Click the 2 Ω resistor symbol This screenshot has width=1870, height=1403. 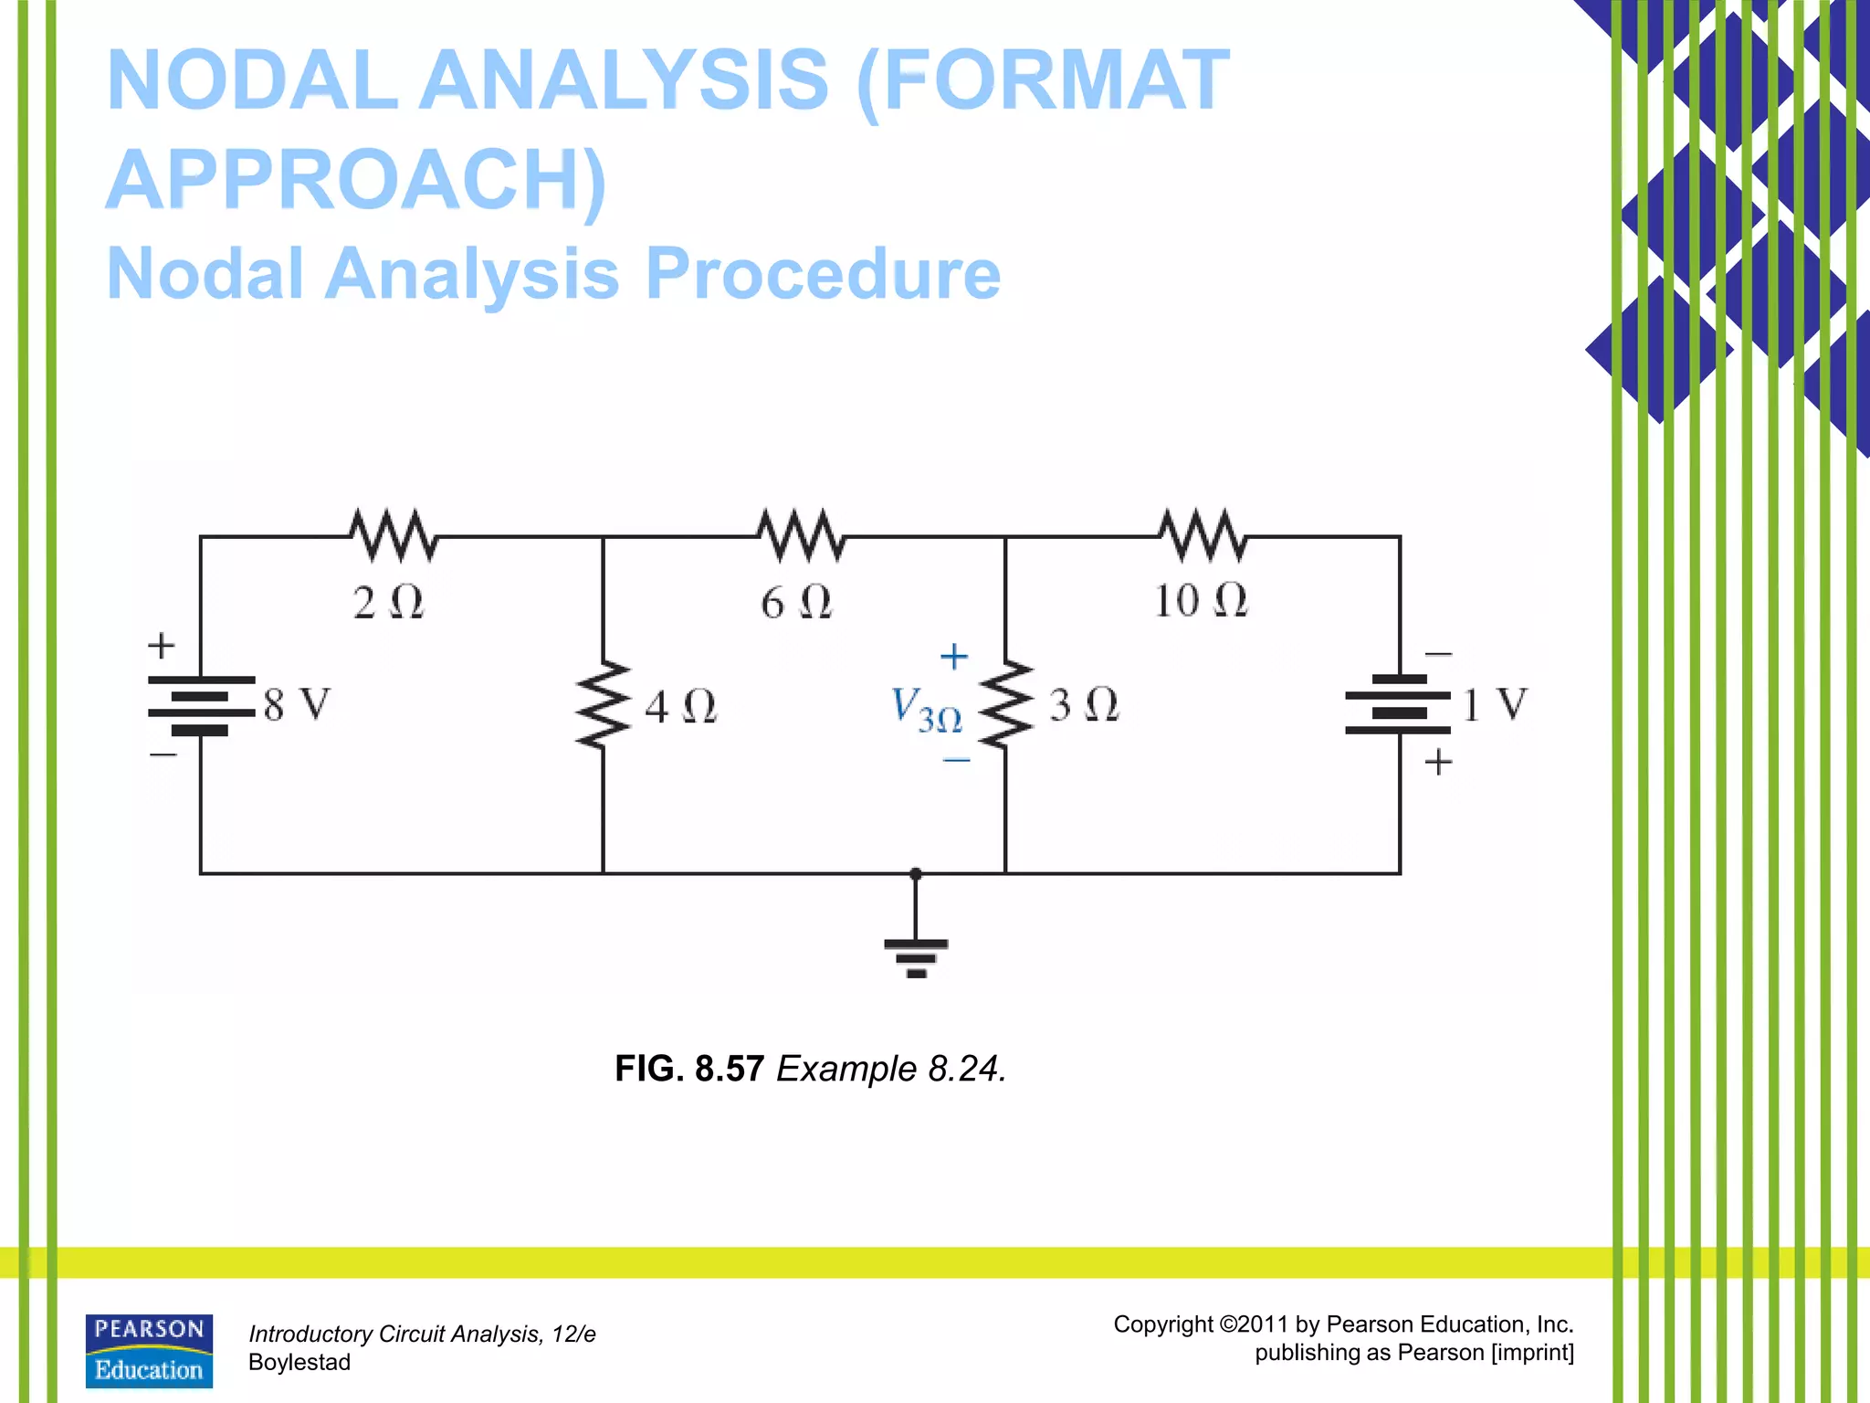point(394,535)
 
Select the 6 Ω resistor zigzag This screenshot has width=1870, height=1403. point(801,535)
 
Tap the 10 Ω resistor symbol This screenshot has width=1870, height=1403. point(1203,535)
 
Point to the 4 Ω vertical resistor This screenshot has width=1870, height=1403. point(603,705)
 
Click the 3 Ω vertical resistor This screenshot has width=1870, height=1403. point(1005,705)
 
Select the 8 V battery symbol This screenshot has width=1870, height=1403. point(201,705)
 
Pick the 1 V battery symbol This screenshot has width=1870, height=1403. point(1398,705)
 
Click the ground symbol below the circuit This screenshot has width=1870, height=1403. point(916,955)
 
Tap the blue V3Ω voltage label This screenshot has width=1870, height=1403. point(925,710)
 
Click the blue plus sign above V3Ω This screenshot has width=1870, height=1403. point(953,656)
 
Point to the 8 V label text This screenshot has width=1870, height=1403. point(297,705)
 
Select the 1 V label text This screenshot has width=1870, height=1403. point(1494,705)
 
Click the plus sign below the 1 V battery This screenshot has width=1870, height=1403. point(1438,762)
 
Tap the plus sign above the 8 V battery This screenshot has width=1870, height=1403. point(162,645)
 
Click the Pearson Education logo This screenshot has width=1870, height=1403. point(149,1350)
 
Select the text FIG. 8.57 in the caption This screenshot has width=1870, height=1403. point(688,1069)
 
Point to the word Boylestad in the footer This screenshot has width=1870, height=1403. point(299,1362)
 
